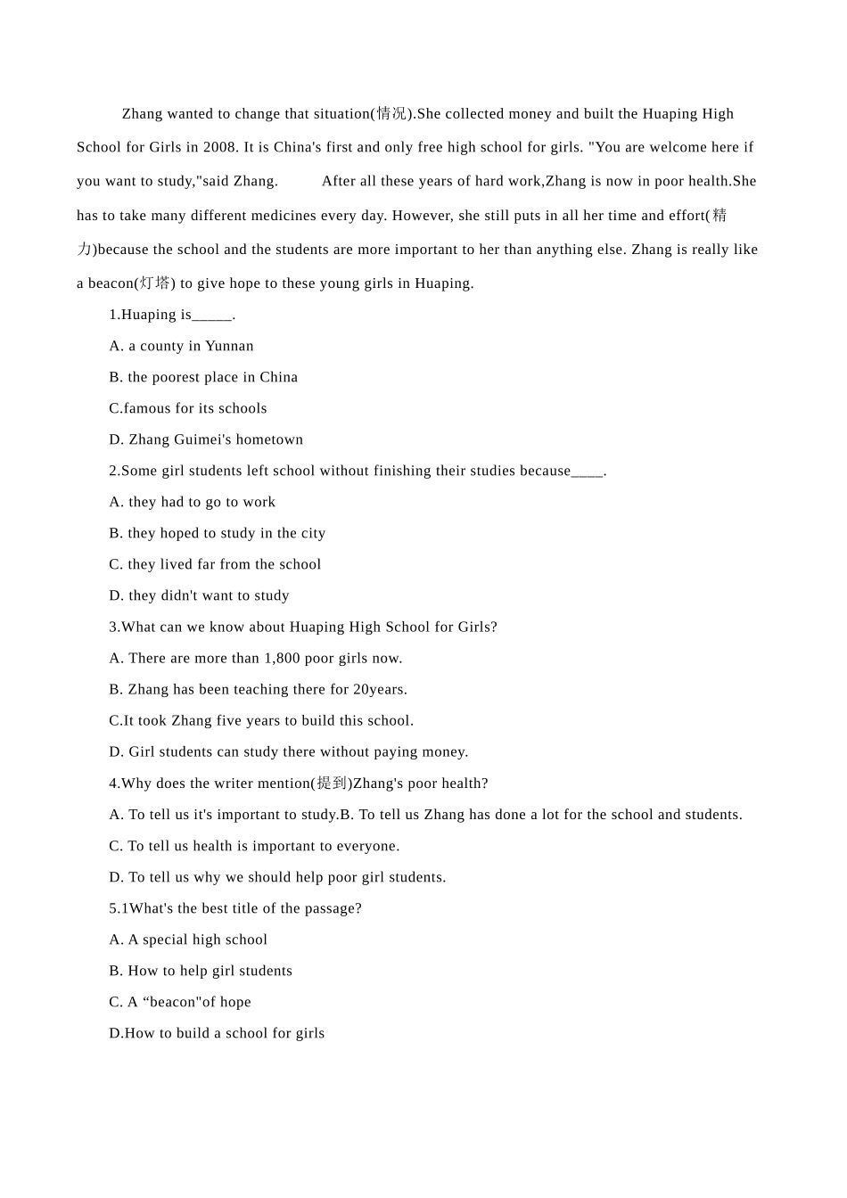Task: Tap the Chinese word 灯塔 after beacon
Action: click(154, 283)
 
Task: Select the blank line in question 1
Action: click(212, 316)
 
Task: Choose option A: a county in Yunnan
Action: click(182, 346)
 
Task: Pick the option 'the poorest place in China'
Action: click(204, 377)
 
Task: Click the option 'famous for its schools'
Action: click(188, 408)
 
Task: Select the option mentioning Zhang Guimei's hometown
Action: click(207, 439)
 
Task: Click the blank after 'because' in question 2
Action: click(588, 472)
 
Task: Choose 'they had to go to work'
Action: click(193, 502)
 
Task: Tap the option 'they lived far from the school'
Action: click(215, 564)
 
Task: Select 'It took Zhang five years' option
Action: click(261, 720)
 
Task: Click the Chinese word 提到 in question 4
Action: click(332, 784)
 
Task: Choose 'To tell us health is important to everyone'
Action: click(255, 846)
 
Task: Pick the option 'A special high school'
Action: click(189, 940)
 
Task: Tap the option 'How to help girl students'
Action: click(201, 971)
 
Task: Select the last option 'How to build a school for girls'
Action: click(217, 1033)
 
